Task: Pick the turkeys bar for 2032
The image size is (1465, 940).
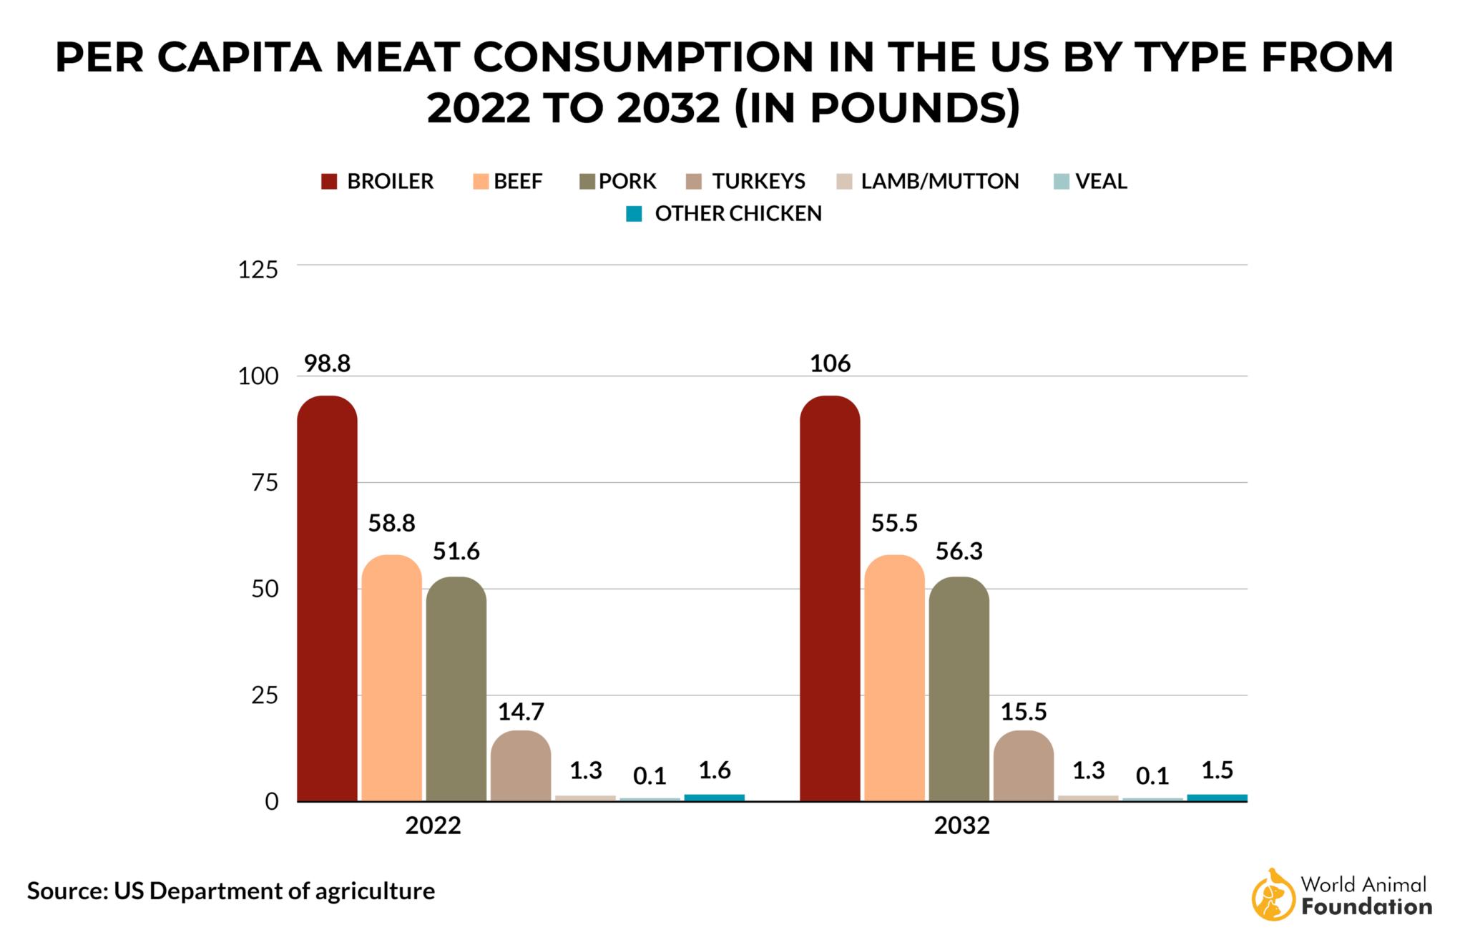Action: click(x=1023, y=765)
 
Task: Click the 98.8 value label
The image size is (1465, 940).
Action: click(x=328, y=363)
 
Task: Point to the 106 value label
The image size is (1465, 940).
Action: click(x=830, y=363)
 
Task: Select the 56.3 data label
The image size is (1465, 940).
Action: click(x=959, y=552)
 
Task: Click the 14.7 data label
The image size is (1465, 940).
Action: click(x=521, y=712)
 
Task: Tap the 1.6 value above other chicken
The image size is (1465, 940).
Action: click(x=715, y=770)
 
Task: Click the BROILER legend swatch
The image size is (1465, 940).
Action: click(x=329, y=182)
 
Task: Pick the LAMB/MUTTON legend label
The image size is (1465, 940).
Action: click(x=939, y=182)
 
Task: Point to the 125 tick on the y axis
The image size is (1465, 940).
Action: click(x=258, y=270)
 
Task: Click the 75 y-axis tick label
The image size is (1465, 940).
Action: click(x=265, y=483)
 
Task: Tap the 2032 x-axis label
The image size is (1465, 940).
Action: click(x=961, y=826)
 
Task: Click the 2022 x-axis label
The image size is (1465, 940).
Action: click(x=433, y=826)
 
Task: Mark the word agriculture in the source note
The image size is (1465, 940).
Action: click(x=375, y=891)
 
